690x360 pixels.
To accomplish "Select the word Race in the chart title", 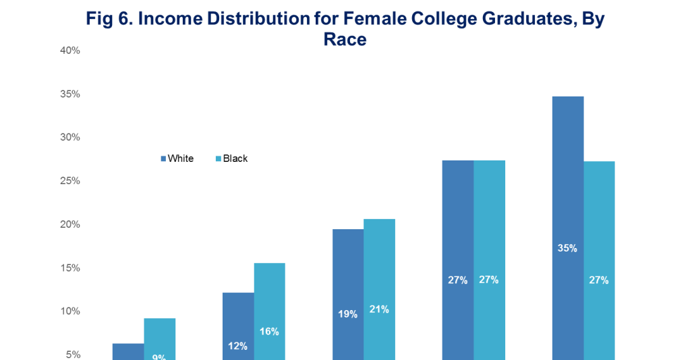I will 345,40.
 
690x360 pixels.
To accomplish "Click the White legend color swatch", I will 163,159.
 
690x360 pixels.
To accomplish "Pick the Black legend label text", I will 235,159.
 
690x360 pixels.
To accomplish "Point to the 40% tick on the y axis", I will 69,51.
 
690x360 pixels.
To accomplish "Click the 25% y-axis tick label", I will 69,181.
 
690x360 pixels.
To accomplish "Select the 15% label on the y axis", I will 69,268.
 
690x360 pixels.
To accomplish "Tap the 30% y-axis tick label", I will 69,138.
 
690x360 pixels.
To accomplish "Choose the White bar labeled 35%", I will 567,202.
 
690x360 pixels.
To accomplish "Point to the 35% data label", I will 567,248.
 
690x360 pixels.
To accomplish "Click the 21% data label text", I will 379,309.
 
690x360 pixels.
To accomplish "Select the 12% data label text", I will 238,346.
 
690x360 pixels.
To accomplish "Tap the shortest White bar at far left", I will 128,352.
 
